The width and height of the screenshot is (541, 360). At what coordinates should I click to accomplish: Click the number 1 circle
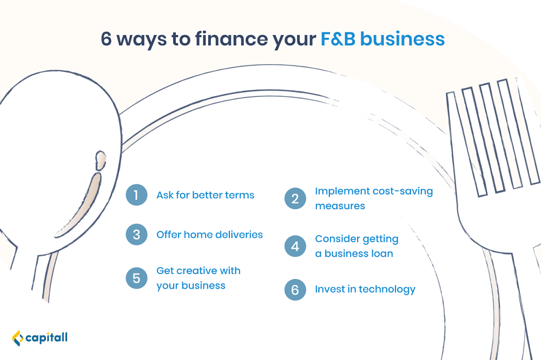coord(136,195)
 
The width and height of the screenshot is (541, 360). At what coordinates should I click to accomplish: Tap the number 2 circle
coord(295,198)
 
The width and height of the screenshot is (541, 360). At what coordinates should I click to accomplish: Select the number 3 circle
coord(136,235)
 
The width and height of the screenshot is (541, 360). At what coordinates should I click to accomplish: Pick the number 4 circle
coord(295,246)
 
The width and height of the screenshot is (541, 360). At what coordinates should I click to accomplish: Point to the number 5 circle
coord(136,278)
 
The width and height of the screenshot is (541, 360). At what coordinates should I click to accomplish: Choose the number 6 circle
coord(295,290)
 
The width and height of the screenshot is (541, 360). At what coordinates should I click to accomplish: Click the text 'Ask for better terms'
coord(205,195)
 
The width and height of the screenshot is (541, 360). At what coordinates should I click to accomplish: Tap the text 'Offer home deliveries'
coord(209,235)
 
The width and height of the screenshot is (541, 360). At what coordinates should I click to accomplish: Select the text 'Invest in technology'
coord(365,289)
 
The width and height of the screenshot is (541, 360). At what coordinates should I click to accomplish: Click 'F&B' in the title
coord(338,38)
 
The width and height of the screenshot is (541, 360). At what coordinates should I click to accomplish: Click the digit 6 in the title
coord(106,38)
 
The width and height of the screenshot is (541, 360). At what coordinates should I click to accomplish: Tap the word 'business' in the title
coord(403,38)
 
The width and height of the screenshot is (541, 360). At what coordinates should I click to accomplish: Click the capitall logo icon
coord(18,338)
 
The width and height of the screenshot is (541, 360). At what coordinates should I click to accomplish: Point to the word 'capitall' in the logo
coord(47,338)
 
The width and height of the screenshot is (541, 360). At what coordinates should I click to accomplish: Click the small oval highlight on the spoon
coord(101,161)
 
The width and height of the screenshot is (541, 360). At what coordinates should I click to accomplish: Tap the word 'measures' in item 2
coord(340,206)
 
